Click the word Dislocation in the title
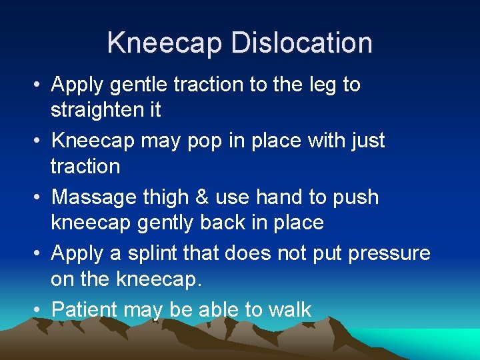(x=301, y=43)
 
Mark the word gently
(x=161, y=223)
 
